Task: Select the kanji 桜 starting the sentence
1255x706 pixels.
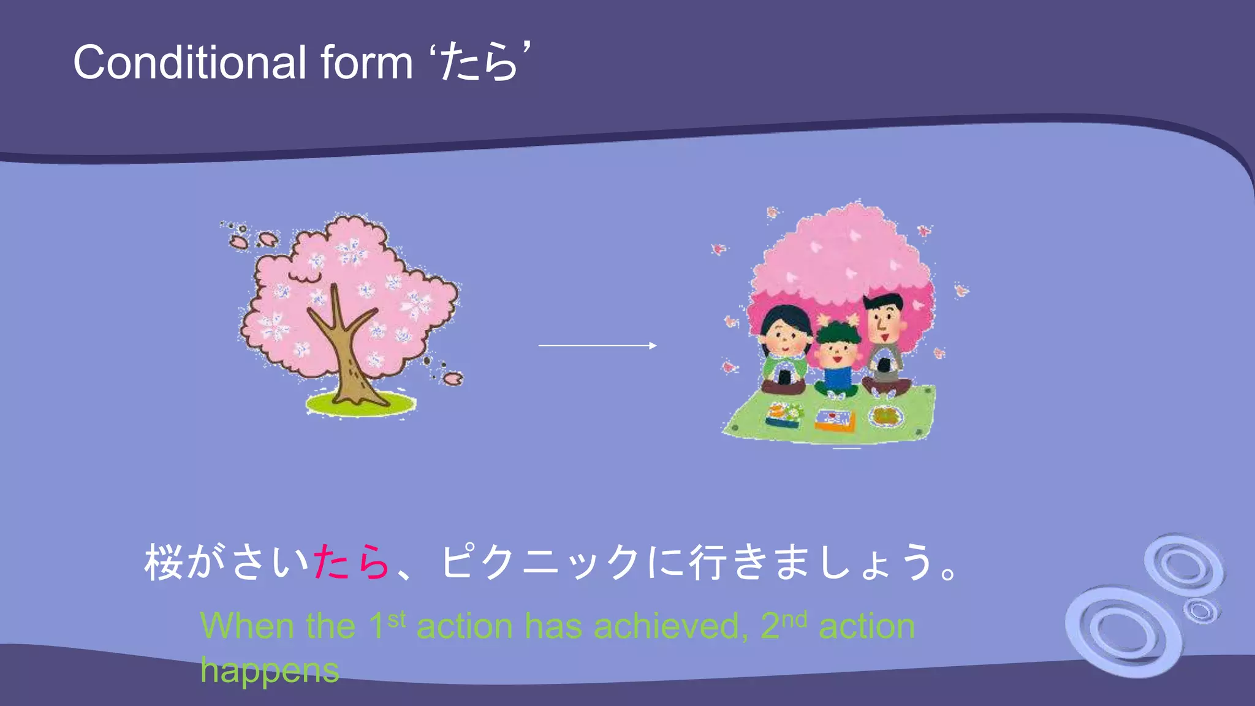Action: (x=164, y=562)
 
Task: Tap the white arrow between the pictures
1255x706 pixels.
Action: (x=597, y=346)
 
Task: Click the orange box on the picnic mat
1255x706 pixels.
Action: (x=834, y=420)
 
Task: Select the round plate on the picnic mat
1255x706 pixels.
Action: (x=886, y=417)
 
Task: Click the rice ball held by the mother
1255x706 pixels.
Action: (x=784, y=374)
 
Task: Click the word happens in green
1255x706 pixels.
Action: (x=270, y=670)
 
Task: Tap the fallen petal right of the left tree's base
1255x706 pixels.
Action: (x=453, y=379)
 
